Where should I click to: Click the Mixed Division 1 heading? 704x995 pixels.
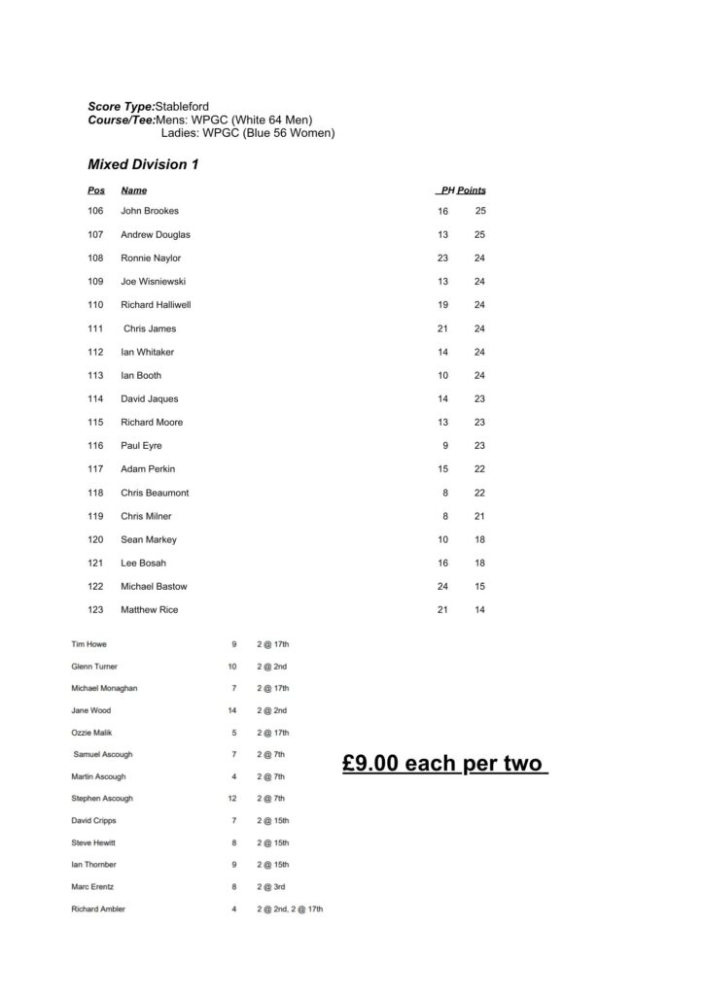click(143, 164)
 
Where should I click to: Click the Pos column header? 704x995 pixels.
click(96, 190)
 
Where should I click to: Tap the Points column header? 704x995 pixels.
click(472, 190)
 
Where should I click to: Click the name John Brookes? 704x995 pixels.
click(150, 211)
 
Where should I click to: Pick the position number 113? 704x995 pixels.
click(95, 375)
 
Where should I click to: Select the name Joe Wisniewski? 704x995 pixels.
click(153, 282)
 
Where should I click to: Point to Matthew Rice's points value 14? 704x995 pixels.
click(479, 610)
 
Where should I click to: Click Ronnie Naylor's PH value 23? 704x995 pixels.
click(442, 258)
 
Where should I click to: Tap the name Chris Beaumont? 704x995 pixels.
click(155, 493)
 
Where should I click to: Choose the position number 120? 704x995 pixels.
click(95, 539)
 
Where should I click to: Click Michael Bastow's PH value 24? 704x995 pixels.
click(442, 587)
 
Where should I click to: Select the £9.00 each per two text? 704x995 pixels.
click(445, 764)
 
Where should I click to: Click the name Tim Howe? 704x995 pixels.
click(90, 644)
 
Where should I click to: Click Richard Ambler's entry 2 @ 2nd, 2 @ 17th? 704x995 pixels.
click(290, 909)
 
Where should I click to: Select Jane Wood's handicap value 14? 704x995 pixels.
click(232, 710)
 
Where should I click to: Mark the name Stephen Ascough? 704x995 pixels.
click(102, 799)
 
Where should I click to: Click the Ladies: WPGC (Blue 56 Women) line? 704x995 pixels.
click(247, 132)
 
